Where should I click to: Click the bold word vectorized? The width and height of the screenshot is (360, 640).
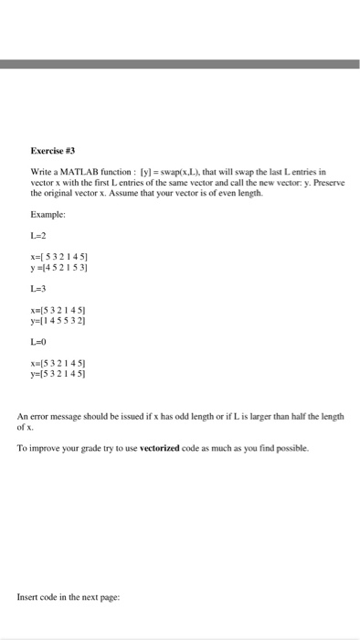point(163,448)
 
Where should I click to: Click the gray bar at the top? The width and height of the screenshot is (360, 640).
point(180,65)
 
